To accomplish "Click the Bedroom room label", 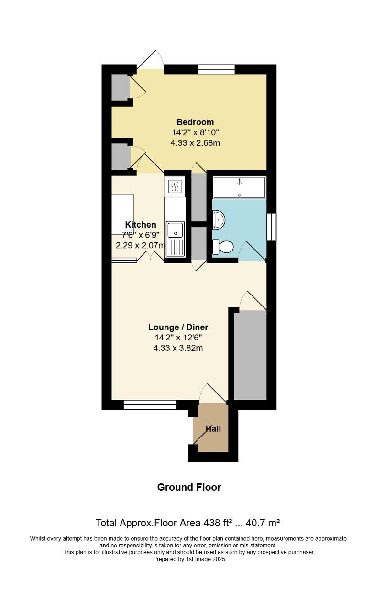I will [x=195, y=122].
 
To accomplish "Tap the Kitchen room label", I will [x=141, y=225].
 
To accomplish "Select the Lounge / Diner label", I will [x=178, y=328].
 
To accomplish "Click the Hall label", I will [x=213, y=429].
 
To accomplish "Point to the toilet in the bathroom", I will [x=223, y=247].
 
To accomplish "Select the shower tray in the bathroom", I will [x=239, y=187].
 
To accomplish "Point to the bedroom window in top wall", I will [x=217, y=69].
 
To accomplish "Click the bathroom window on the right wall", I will [x=271, y=227].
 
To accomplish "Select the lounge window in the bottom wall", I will [x=150, y=405].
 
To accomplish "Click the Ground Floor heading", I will [x=189, y=487].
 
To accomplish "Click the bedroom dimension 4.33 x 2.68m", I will [x=195, y=142].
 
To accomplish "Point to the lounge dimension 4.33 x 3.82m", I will [x=178, y=348].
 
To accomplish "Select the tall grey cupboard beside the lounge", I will [x=250, y=355].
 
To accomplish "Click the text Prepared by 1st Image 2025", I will [x=189, y=559].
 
